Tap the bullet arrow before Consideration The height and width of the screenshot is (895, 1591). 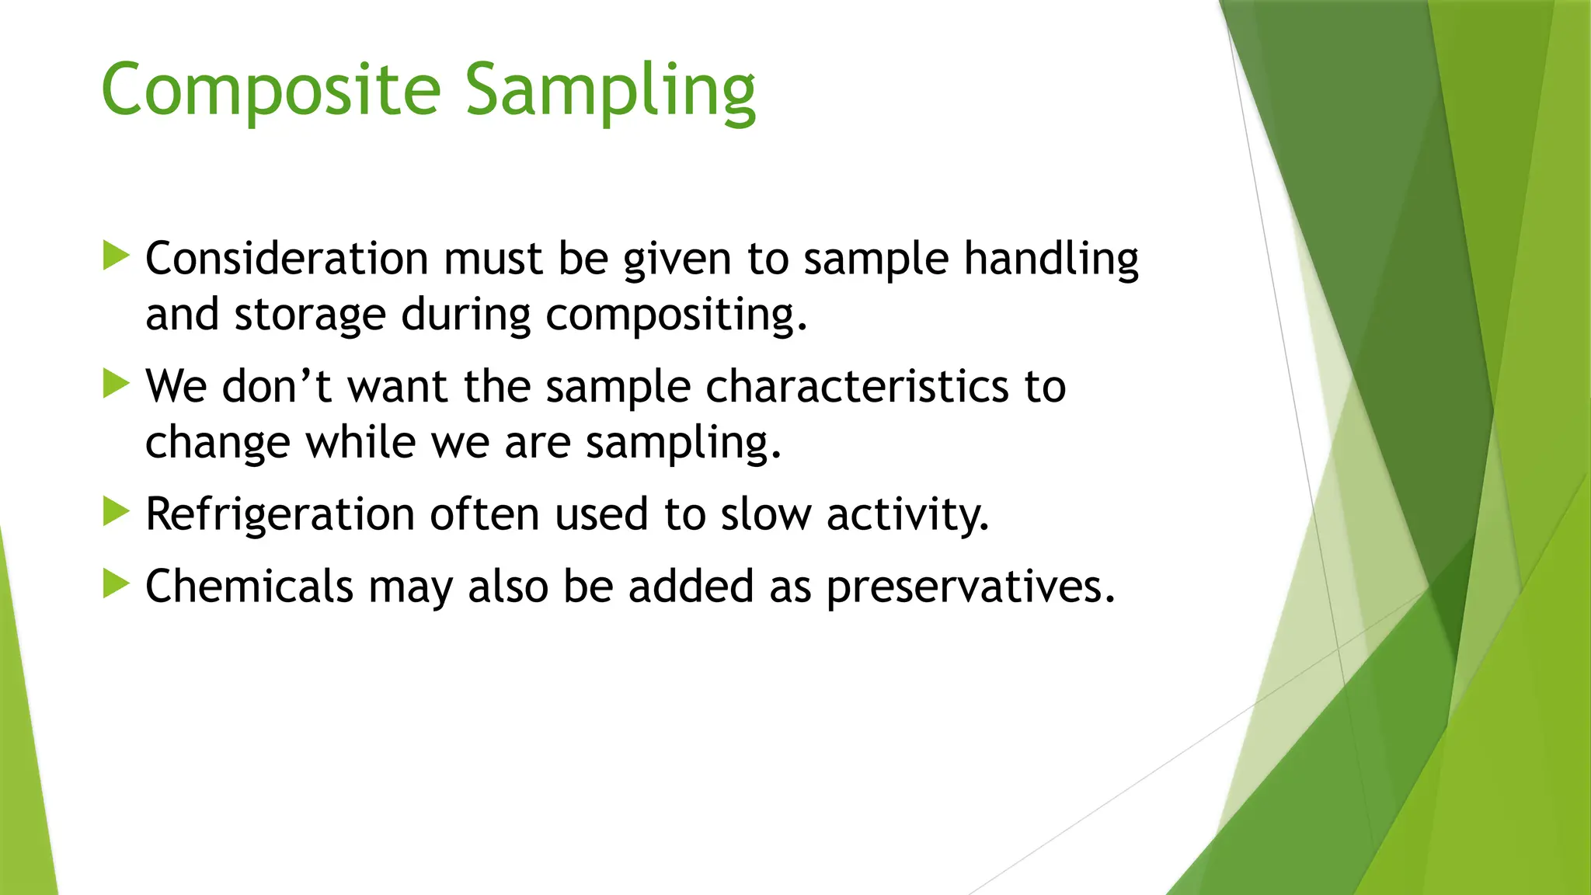click(116, 256)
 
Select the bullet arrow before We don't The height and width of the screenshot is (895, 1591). click(116, 384)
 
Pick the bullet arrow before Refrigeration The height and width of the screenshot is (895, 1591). click(116, 512)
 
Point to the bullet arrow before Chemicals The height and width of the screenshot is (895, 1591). click(116, 583)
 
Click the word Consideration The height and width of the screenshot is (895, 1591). click(287, 259)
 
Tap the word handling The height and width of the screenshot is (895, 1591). click(1051, 259)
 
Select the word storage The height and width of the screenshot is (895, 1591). click(310, 315)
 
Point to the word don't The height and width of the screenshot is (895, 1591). click(277, 386)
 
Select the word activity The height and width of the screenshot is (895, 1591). click(907, 515)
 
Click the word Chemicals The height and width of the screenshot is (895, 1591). click(249, 587)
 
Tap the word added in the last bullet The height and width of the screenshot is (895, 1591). click(691, 587)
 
